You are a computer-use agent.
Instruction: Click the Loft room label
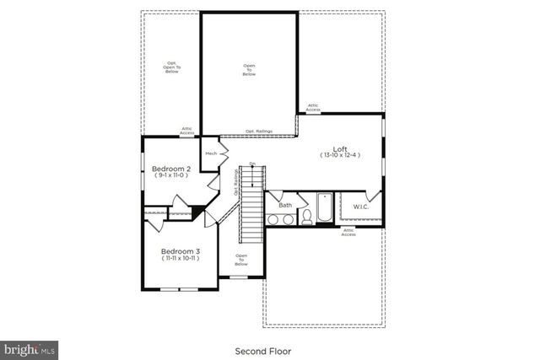[340, 148]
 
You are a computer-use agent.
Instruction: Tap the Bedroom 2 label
[170, 169]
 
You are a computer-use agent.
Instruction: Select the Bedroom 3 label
[180, 251]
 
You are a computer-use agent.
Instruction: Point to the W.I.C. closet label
[361, 207]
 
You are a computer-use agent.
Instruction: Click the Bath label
[285, 205]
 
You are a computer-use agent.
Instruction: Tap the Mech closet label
[211, 153]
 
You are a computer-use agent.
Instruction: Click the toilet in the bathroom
[307, 218]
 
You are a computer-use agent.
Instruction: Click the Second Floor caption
[269, 349]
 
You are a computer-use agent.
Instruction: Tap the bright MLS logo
[30, 347]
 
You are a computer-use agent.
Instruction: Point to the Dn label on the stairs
[251, 164]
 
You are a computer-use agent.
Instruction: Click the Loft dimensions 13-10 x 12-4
[340, 156]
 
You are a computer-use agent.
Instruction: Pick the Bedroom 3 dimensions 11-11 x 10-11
[180, 259]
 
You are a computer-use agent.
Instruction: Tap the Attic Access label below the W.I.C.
[348, 232]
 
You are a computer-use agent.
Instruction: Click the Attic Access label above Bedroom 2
[187, 131]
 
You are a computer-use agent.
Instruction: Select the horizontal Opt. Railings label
[258, 132]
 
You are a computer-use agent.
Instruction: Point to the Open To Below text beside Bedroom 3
[241, 260]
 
